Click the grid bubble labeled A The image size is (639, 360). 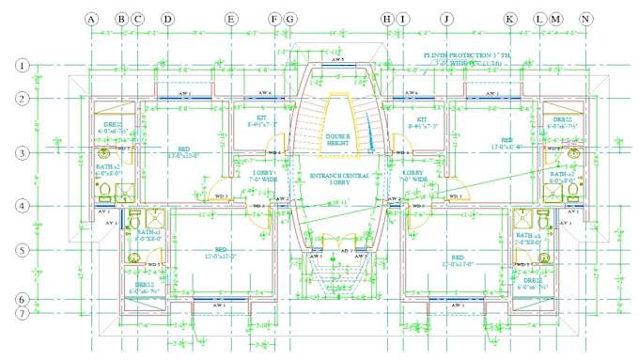91,19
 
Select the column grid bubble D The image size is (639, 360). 167,19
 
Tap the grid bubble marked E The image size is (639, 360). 230,19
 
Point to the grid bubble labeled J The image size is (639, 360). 446,19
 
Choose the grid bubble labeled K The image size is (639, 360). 509,19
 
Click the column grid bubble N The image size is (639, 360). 586,19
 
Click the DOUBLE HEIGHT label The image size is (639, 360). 338,139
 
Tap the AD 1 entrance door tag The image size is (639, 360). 346,252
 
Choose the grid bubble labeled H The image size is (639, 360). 386,19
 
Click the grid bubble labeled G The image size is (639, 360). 289,19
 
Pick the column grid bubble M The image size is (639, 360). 556,19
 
